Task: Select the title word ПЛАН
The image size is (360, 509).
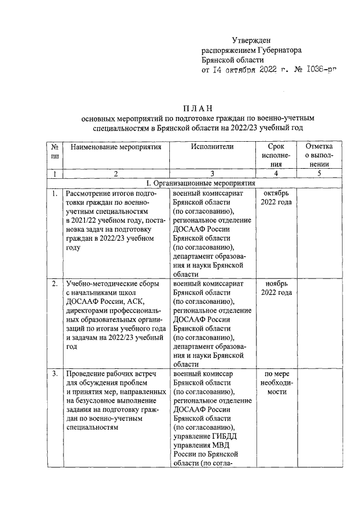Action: tap(198, 108)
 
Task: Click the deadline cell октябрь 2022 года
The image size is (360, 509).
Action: tap(276, 198)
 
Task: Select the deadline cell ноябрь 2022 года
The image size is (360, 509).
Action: tap(276, 288)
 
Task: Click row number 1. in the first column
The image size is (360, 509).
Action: tap(55, 194)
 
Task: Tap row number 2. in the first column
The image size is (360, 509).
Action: tap(55, 283)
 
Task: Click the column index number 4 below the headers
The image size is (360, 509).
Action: tap(276, 174)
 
